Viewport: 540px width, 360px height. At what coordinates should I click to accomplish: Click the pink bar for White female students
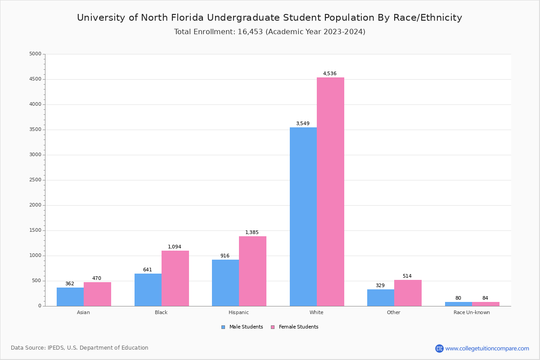point(330,192)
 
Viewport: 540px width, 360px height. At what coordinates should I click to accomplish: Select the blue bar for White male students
point(303,216)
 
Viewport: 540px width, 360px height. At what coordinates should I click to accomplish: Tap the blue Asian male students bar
point(70,297)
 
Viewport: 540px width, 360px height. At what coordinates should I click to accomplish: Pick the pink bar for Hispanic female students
point(252,271)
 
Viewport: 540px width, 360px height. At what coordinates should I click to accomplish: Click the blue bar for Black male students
point(148,290)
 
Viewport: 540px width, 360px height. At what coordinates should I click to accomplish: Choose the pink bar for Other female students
point(408,293)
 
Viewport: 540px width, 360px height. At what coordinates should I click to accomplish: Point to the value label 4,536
point(329,74)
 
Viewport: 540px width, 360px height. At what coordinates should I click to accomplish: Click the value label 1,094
point(175,247)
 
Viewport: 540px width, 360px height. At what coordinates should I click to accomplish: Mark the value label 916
point(225,256)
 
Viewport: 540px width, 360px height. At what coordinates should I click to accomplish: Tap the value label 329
point(380,286)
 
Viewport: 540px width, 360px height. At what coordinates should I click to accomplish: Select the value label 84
point(485,298)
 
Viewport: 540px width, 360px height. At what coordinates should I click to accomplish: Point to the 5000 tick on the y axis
point(35,54)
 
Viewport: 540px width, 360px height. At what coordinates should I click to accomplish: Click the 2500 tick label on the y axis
point(35,180)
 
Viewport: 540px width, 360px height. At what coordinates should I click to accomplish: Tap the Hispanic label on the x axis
point(238,312)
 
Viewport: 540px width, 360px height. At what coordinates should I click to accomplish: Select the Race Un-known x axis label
point(472,312)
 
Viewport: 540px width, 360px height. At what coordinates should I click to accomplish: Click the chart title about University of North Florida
point(270,18)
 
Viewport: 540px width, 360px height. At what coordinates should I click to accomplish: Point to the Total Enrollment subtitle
point(270,32)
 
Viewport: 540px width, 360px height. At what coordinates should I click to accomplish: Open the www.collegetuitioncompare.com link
point(487,348)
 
